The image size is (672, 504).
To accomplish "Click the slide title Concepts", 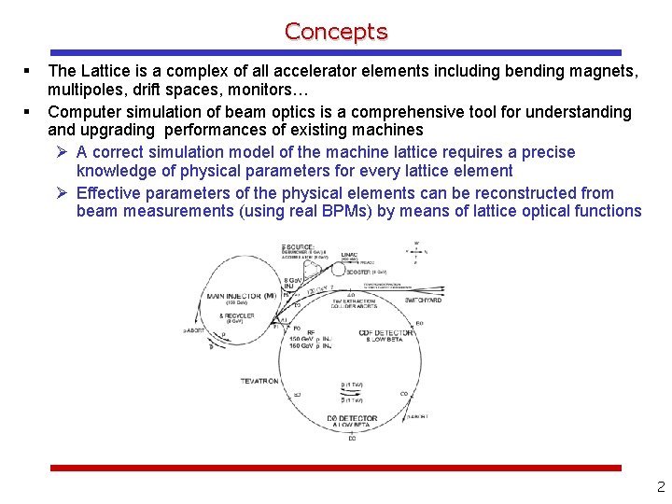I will coord(336,32).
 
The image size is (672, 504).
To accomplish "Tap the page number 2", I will coord(660,486).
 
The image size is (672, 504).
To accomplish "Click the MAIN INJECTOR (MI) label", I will coord(242,296).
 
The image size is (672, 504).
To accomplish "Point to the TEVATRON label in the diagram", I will coord(260,381).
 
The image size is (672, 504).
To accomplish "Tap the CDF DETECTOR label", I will coord(386,333).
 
